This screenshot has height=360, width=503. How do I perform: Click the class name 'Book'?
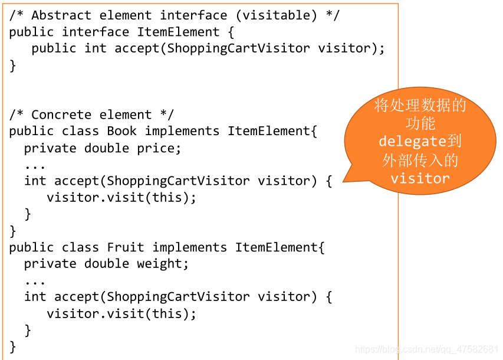(x=121, y=131)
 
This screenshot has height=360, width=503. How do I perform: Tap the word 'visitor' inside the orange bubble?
(x=420, y=178)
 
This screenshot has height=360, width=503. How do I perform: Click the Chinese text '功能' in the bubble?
(x=420, y=123)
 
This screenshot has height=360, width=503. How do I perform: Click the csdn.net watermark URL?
(x=427, y=349)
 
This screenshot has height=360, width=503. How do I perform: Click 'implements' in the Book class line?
(x=182, y=131)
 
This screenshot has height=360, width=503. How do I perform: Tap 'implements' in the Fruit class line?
(x=189, y=247)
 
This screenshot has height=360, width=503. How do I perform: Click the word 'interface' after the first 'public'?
(x=96, y=32)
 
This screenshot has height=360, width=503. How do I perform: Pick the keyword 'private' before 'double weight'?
(x=50, y=264)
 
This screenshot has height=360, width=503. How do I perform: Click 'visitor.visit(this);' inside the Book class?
(x=121, y=198)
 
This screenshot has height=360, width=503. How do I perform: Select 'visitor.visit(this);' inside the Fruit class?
(x=121, y=313)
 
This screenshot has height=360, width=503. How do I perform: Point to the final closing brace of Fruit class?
(x=13, y=346)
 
